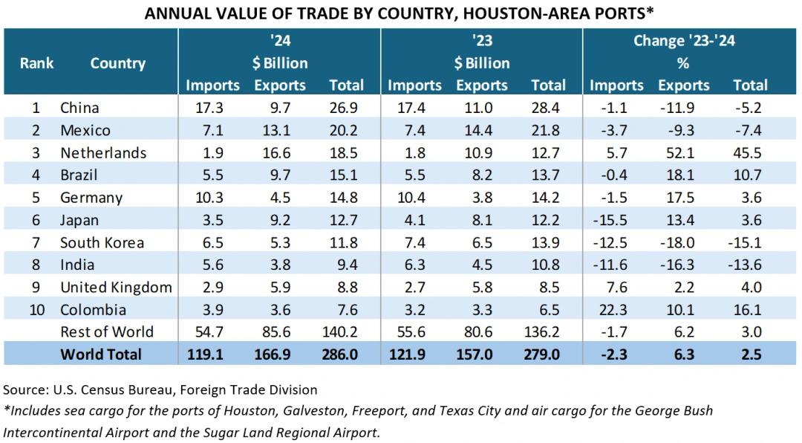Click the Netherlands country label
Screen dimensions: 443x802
(x=102, y=153)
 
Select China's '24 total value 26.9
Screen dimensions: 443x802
(x=346, y=108)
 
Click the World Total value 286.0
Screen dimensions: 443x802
(x=342, y=355)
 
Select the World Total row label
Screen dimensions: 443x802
(x=100, y=355)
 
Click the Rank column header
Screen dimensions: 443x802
(x=36, y=63)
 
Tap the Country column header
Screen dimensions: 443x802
(x=117, y=63)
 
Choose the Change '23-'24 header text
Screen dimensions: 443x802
(x=683, y=41)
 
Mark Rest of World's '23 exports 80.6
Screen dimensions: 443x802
(x=474, y=332)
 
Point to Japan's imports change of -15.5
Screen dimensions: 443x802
(x=613, y=220)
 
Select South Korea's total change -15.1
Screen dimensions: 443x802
(x=749, y=242)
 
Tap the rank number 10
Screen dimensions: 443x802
(x=36, y=310)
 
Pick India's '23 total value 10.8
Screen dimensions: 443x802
(x=548, y=265)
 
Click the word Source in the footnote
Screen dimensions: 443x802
(x=24, y=389)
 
